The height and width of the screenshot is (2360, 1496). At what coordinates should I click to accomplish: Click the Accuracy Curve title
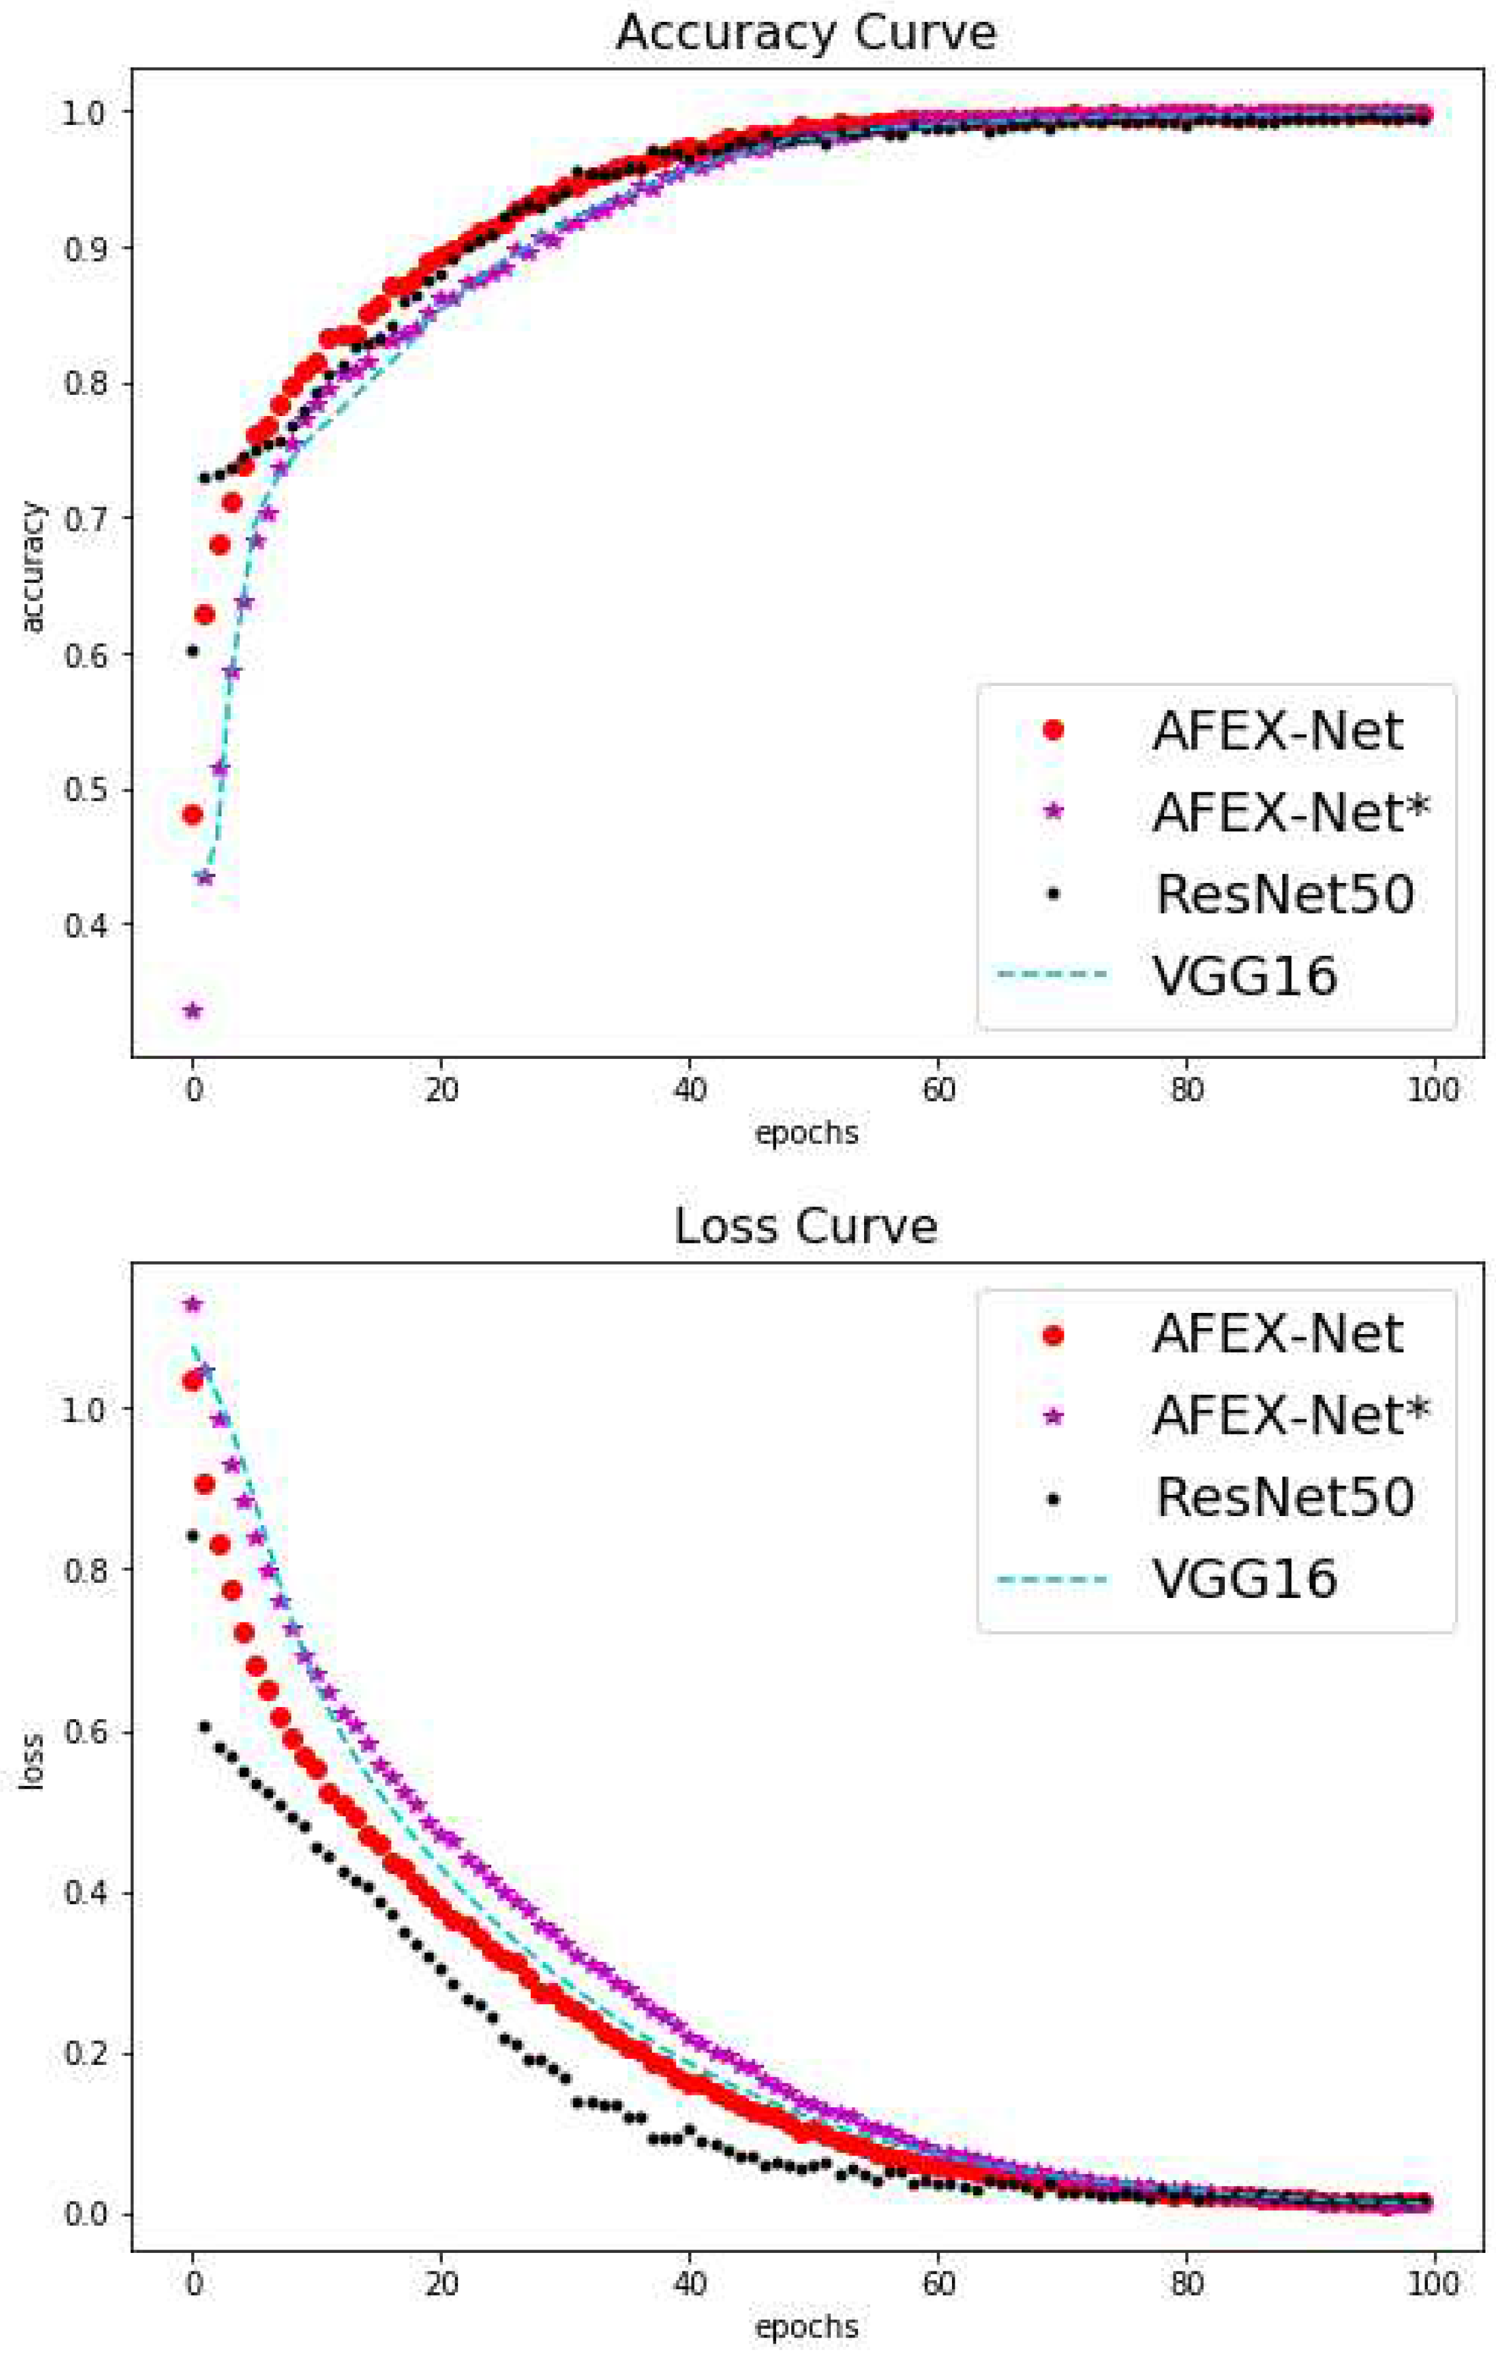(x=805, y=33)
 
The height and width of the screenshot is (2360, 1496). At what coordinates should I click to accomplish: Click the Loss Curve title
(x=805, y=1227)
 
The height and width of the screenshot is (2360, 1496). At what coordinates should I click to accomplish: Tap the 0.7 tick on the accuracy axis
(x=85, y=519)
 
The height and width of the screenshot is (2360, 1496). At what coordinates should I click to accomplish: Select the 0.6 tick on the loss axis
(x=85, y=1732)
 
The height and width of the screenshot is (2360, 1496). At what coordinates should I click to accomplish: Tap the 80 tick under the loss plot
(x=1187, y=2283)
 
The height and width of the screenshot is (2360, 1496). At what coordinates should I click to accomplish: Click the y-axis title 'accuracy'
(x=32, y=568)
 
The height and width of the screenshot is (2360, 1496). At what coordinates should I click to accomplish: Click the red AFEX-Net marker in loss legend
(x=1053, y=1336)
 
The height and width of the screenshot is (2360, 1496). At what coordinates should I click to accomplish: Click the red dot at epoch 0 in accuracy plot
(x=193, y=814)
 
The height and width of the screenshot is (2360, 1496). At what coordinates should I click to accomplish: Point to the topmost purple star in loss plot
(x=193, y=1304)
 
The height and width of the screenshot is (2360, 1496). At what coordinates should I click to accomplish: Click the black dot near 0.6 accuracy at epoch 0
(x=193, y=650)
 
